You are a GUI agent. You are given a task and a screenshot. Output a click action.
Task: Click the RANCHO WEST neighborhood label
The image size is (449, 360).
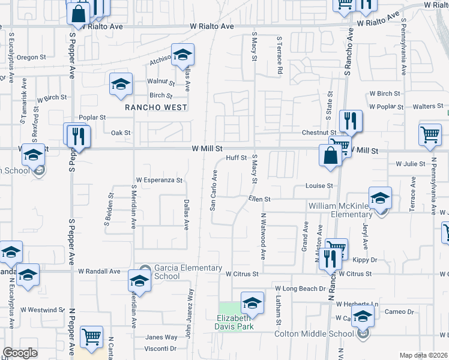coord(155,107)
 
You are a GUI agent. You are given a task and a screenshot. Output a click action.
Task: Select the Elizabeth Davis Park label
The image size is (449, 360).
coord(235,322)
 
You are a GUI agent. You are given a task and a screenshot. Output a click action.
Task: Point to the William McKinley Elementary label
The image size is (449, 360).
coord(332,209)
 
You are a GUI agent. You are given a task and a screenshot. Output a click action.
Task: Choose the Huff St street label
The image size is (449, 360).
coord(237,158)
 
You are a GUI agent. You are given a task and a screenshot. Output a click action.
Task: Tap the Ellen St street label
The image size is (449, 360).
coord(260,199)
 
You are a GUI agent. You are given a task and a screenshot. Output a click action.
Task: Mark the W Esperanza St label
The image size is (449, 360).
coord(158,179)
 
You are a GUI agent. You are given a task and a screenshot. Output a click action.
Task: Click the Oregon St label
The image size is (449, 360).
coord(31,58)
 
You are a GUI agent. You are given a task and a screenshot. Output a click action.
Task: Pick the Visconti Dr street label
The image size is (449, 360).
coord(161,348)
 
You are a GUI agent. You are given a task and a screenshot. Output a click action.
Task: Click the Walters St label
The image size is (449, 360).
coord(429,106)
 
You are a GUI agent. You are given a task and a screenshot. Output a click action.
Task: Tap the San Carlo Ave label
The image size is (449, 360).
coord(212,190)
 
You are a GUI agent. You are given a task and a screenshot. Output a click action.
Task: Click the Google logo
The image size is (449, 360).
coord(20,353)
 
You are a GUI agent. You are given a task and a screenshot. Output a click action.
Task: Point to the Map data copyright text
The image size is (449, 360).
coord(423,355)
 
